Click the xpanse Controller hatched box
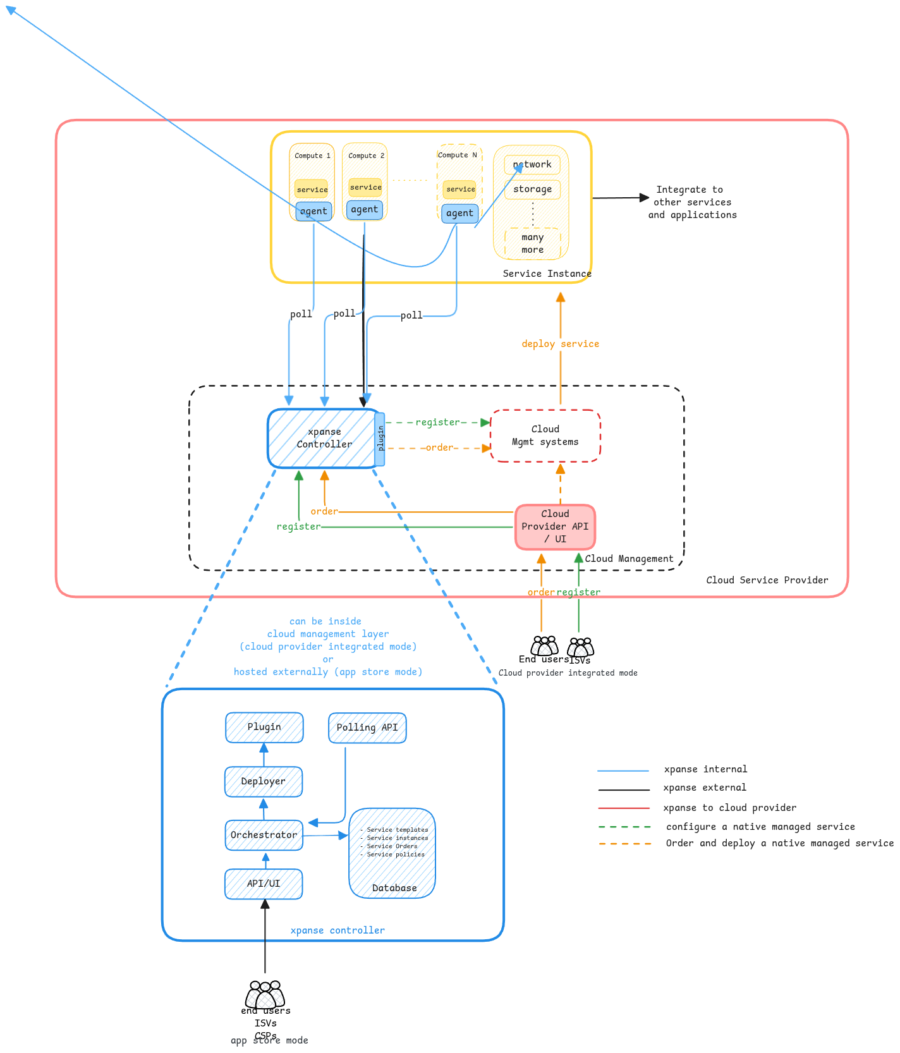(322, 439)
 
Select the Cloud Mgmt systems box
(545, 435)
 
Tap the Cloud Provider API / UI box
(555, 526)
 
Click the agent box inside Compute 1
(313, 211)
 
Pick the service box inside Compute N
(459, 189)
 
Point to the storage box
(532, 189)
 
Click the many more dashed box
(532, 243)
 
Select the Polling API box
(367, 727)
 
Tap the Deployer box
(264, 781)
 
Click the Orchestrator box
(264, 835)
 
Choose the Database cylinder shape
(392, 853)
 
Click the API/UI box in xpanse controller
(264, 884)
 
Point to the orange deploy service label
(560, 344)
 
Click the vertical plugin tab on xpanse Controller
(380, 439)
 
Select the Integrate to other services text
(692, 202)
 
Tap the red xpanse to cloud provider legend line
(623, 808)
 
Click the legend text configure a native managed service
(760, 827)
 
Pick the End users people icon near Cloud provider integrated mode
(544, 646)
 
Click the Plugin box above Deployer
(264, 727)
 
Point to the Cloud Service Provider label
(767, 580)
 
